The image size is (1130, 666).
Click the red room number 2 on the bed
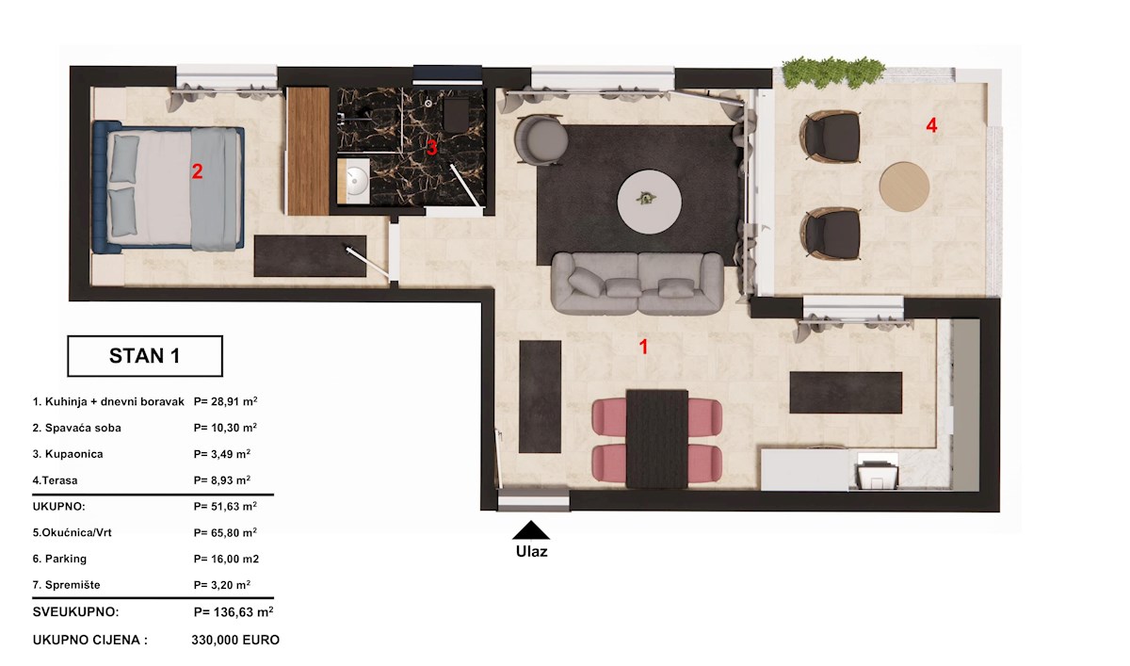(197, 171)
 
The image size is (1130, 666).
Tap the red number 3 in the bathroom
(431, 148)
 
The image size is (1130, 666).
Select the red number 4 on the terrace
(931, 125)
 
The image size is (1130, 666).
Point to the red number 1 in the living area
(643, 347)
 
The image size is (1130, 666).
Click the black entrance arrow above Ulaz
(531, 530)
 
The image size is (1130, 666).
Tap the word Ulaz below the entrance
(531, 551)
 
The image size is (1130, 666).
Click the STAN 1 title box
(145, 356)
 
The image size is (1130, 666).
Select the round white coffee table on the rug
(649, 202)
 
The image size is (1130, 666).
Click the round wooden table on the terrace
(904, 187)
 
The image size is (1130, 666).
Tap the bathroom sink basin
(355, 180)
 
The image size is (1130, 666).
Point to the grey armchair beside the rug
(541, 139)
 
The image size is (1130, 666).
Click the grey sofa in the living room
(638, 284)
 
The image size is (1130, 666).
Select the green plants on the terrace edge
(832, 72)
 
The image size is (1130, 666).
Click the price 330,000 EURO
(235, 640)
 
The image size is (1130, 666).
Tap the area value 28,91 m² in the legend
(225, 401)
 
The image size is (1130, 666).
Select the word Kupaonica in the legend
(73, 454)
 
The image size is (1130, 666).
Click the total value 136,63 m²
(234, 612)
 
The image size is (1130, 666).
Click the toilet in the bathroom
(457, 115)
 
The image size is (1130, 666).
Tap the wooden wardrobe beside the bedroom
(308, 151)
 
